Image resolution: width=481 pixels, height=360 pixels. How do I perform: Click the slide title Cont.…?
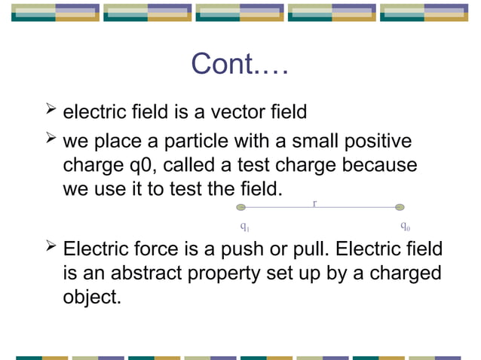pos(240,64)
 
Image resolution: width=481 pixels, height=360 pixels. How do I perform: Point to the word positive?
pos(374,142)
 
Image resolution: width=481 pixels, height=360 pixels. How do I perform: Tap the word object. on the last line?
pos(91,297)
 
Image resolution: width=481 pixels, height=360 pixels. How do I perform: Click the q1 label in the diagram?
pos(244,225)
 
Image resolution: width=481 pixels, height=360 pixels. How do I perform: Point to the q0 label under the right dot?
pos(405,225)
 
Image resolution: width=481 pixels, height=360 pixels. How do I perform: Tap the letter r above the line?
pos(314,202)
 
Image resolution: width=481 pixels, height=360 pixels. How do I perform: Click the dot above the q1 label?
pos(240,207)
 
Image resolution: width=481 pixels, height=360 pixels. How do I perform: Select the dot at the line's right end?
pos(400,207)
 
